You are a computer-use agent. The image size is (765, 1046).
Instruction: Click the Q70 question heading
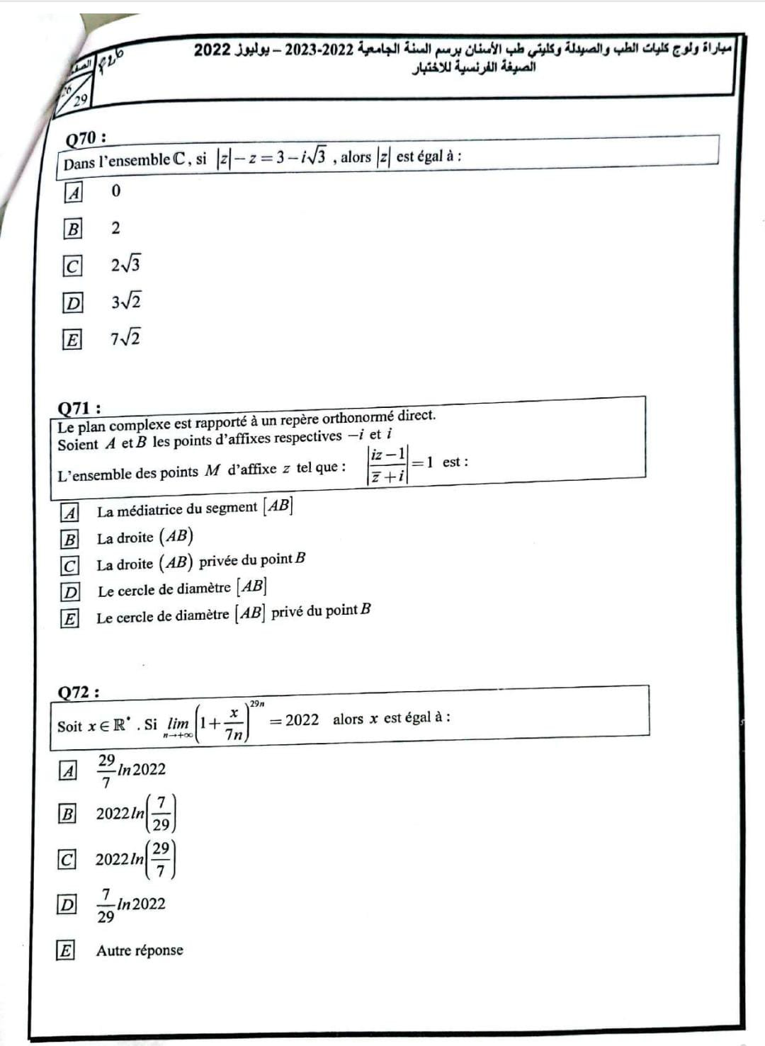(x=86, y=137)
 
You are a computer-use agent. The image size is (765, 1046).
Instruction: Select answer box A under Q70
(x=73, y=192)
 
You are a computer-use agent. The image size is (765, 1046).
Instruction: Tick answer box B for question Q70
(x=73, y=229)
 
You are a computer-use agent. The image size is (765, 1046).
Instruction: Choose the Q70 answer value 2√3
(x=125, y=265)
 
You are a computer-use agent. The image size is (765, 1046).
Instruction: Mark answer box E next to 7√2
(x=72, y=339)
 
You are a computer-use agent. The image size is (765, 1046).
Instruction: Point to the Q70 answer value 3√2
(x=125, y=302)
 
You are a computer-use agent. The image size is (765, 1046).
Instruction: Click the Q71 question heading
(x=79, y=408)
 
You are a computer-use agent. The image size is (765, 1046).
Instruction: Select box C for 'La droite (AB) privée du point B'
(x=69, y=565)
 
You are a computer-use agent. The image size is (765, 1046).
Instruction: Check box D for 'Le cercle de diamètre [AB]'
(x=70, y=591)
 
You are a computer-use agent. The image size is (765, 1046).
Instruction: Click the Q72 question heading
(x=78, y=692)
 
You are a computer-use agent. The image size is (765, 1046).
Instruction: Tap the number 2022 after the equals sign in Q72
(x=302, y=720)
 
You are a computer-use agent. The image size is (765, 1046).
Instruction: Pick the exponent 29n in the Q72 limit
(x=256, y=704)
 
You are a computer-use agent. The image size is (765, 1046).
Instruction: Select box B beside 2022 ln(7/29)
(x=67, y=814)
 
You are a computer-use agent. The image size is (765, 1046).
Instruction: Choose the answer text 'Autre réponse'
(x=140, y=950)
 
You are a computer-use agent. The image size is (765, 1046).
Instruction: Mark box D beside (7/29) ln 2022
(x=67, y=904)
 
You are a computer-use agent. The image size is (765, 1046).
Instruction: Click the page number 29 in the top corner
(x=81, y=100)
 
